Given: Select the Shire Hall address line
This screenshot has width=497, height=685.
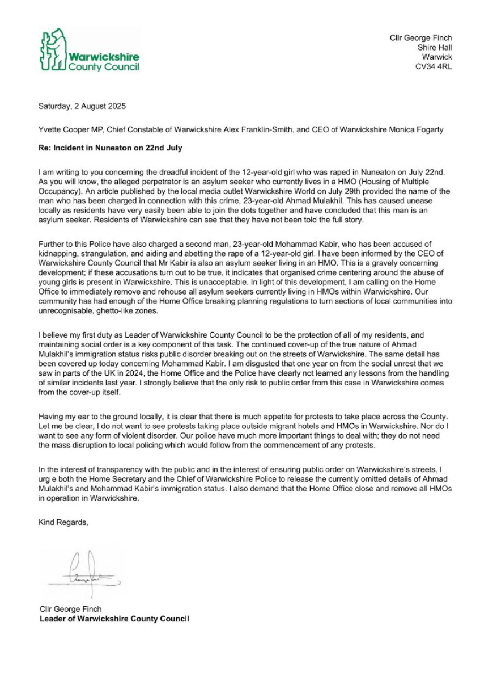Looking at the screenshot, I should point(435,48).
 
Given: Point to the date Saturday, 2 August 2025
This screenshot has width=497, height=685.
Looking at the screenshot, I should point(82,106).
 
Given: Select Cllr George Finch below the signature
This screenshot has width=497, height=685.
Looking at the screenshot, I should point(70,609).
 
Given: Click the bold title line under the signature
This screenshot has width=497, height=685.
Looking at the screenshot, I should point(114,619).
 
